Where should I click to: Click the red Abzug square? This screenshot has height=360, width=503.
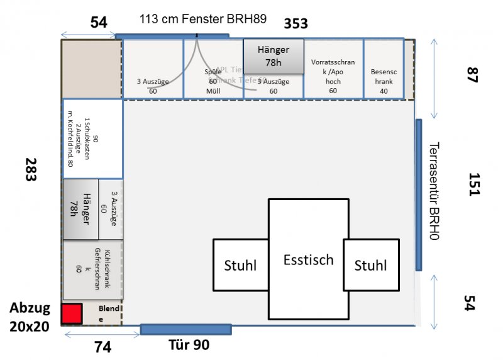72,313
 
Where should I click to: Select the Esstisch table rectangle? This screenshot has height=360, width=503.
308,259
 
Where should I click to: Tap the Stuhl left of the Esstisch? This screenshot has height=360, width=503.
240,265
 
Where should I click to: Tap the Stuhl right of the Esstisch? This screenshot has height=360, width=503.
370,265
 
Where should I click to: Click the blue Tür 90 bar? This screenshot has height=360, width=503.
185,329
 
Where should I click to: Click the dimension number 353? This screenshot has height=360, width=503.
296,24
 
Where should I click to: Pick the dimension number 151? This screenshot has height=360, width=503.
473,184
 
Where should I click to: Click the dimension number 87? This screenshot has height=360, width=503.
473,74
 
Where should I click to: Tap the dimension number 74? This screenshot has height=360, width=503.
102,346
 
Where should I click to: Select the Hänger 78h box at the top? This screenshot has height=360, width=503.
274,56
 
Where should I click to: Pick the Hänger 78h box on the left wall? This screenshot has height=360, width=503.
80,209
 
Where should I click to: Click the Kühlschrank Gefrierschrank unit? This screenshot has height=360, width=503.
93,269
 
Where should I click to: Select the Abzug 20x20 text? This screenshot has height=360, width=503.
30,318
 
